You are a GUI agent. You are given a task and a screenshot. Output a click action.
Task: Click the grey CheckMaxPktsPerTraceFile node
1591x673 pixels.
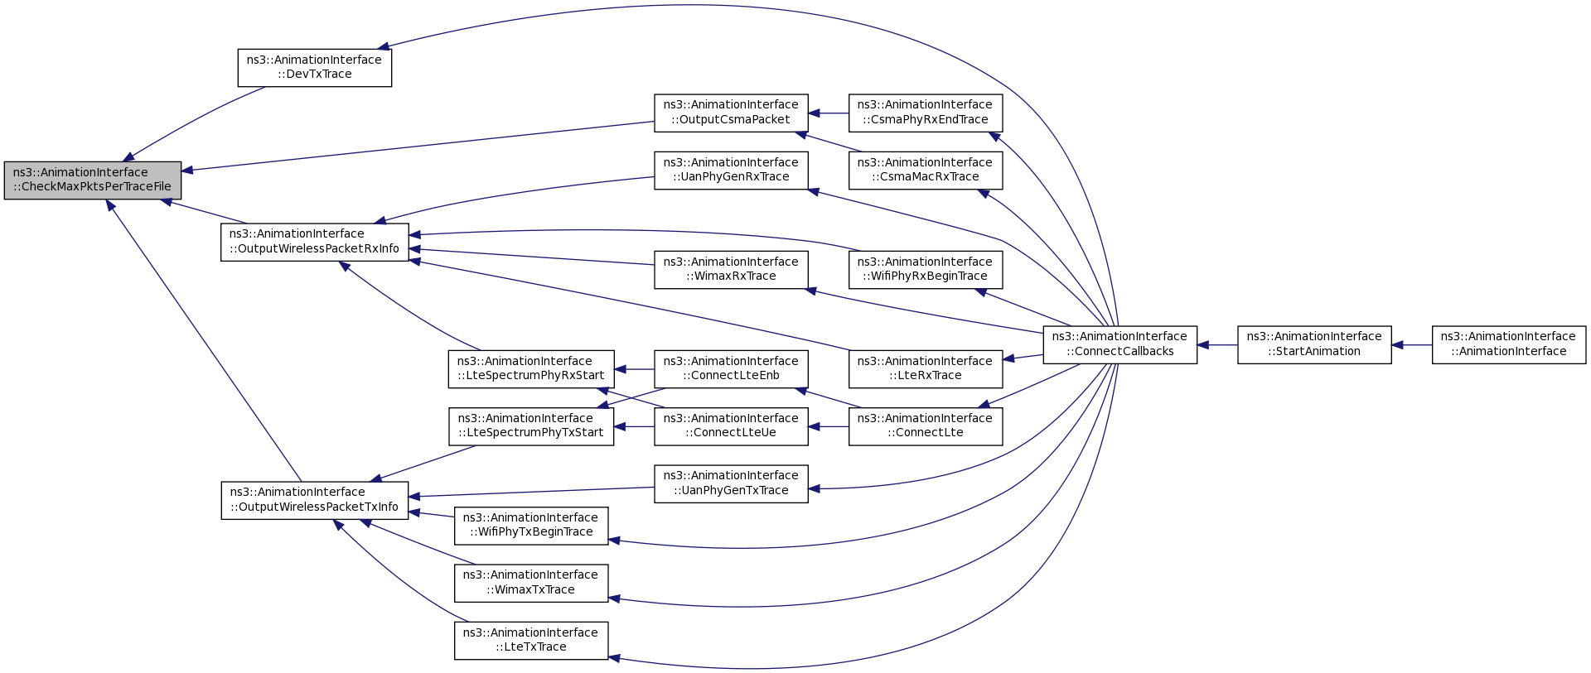93,180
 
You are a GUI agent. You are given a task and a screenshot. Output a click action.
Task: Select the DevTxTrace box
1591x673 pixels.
315,67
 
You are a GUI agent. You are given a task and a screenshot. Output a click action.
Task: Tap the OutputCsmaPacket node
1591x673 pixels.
731,113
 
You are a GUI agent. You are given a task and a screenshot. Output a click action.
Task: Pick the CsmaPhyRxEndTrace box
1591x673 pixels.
926,113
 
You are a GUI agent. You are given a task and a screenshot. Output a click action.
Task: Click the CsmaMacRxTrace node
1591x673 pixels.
926,170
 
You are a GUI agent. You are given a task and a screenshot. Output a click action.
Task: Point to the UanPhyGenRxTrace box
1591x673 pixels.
731,170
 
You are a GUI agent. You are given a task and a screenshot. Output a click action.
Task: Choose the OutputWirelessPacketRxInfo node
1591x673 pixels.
315,242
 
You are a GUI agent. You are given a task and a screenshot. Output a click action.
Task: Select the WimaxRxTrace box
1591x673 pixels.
731,269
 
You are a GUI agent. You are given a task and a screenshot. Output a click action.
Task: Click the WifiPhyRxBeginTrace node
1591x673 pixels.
926,269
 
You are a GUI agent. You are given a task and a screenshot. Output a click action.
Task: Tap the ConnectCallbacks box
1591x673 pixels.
1120,344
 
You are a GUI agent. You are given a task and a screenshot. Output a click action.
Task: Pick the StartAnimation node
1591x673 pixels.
1314,344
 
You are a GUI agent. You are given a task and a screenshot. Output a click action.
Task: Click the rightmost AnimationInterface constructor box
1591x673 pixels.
1509,344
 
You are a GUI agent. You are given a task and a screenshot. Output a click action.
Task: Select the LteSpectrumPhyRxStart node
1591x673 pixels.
531,369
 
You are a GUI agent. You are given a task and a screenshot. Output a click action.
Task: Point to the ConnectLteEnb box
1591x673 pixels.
731,369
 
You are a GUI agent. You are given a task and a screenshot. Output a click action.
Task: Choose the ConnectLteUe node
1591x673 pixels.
731,426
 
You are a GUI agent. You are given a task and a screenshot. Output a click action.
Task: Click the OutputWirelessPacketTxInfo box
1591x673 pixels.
315,500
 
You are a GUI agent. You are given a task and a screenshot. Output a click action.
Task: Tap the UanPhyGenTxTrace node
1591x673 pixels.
731,483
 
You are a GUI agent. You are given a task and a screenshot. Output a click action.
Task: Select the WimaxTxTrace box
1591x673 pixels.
531,583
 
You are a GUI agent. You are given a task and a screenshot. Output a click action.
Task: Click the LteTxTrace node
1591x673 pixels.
531,641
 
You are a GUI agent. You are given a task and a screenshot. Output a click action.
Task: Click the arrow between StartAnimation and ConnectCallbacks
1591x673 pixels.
1217,344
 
